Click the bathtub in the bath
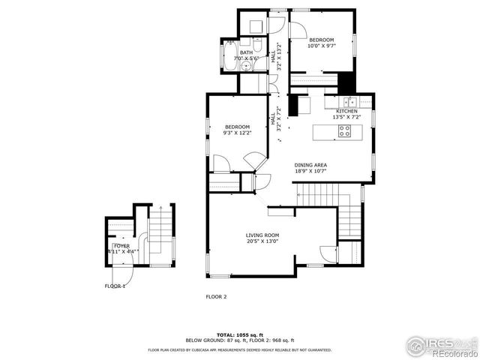point(227,55)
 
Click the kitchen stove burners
point(346,130)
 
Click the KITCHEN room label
point(346,112)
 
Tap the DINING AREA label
point(310,165)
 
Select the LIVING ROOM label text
point(262,235)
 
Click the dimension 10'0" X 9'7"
point(321,46)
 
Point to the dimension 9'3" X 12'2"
point(237,133)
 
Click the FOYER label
point(121,245)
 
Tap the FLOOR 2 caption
point(216,296)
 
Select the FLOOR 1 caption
point(115,286)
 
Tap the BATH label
point(246,52)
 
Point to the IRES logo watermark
point(442,346)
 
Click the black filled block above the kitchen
point(346,82)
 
